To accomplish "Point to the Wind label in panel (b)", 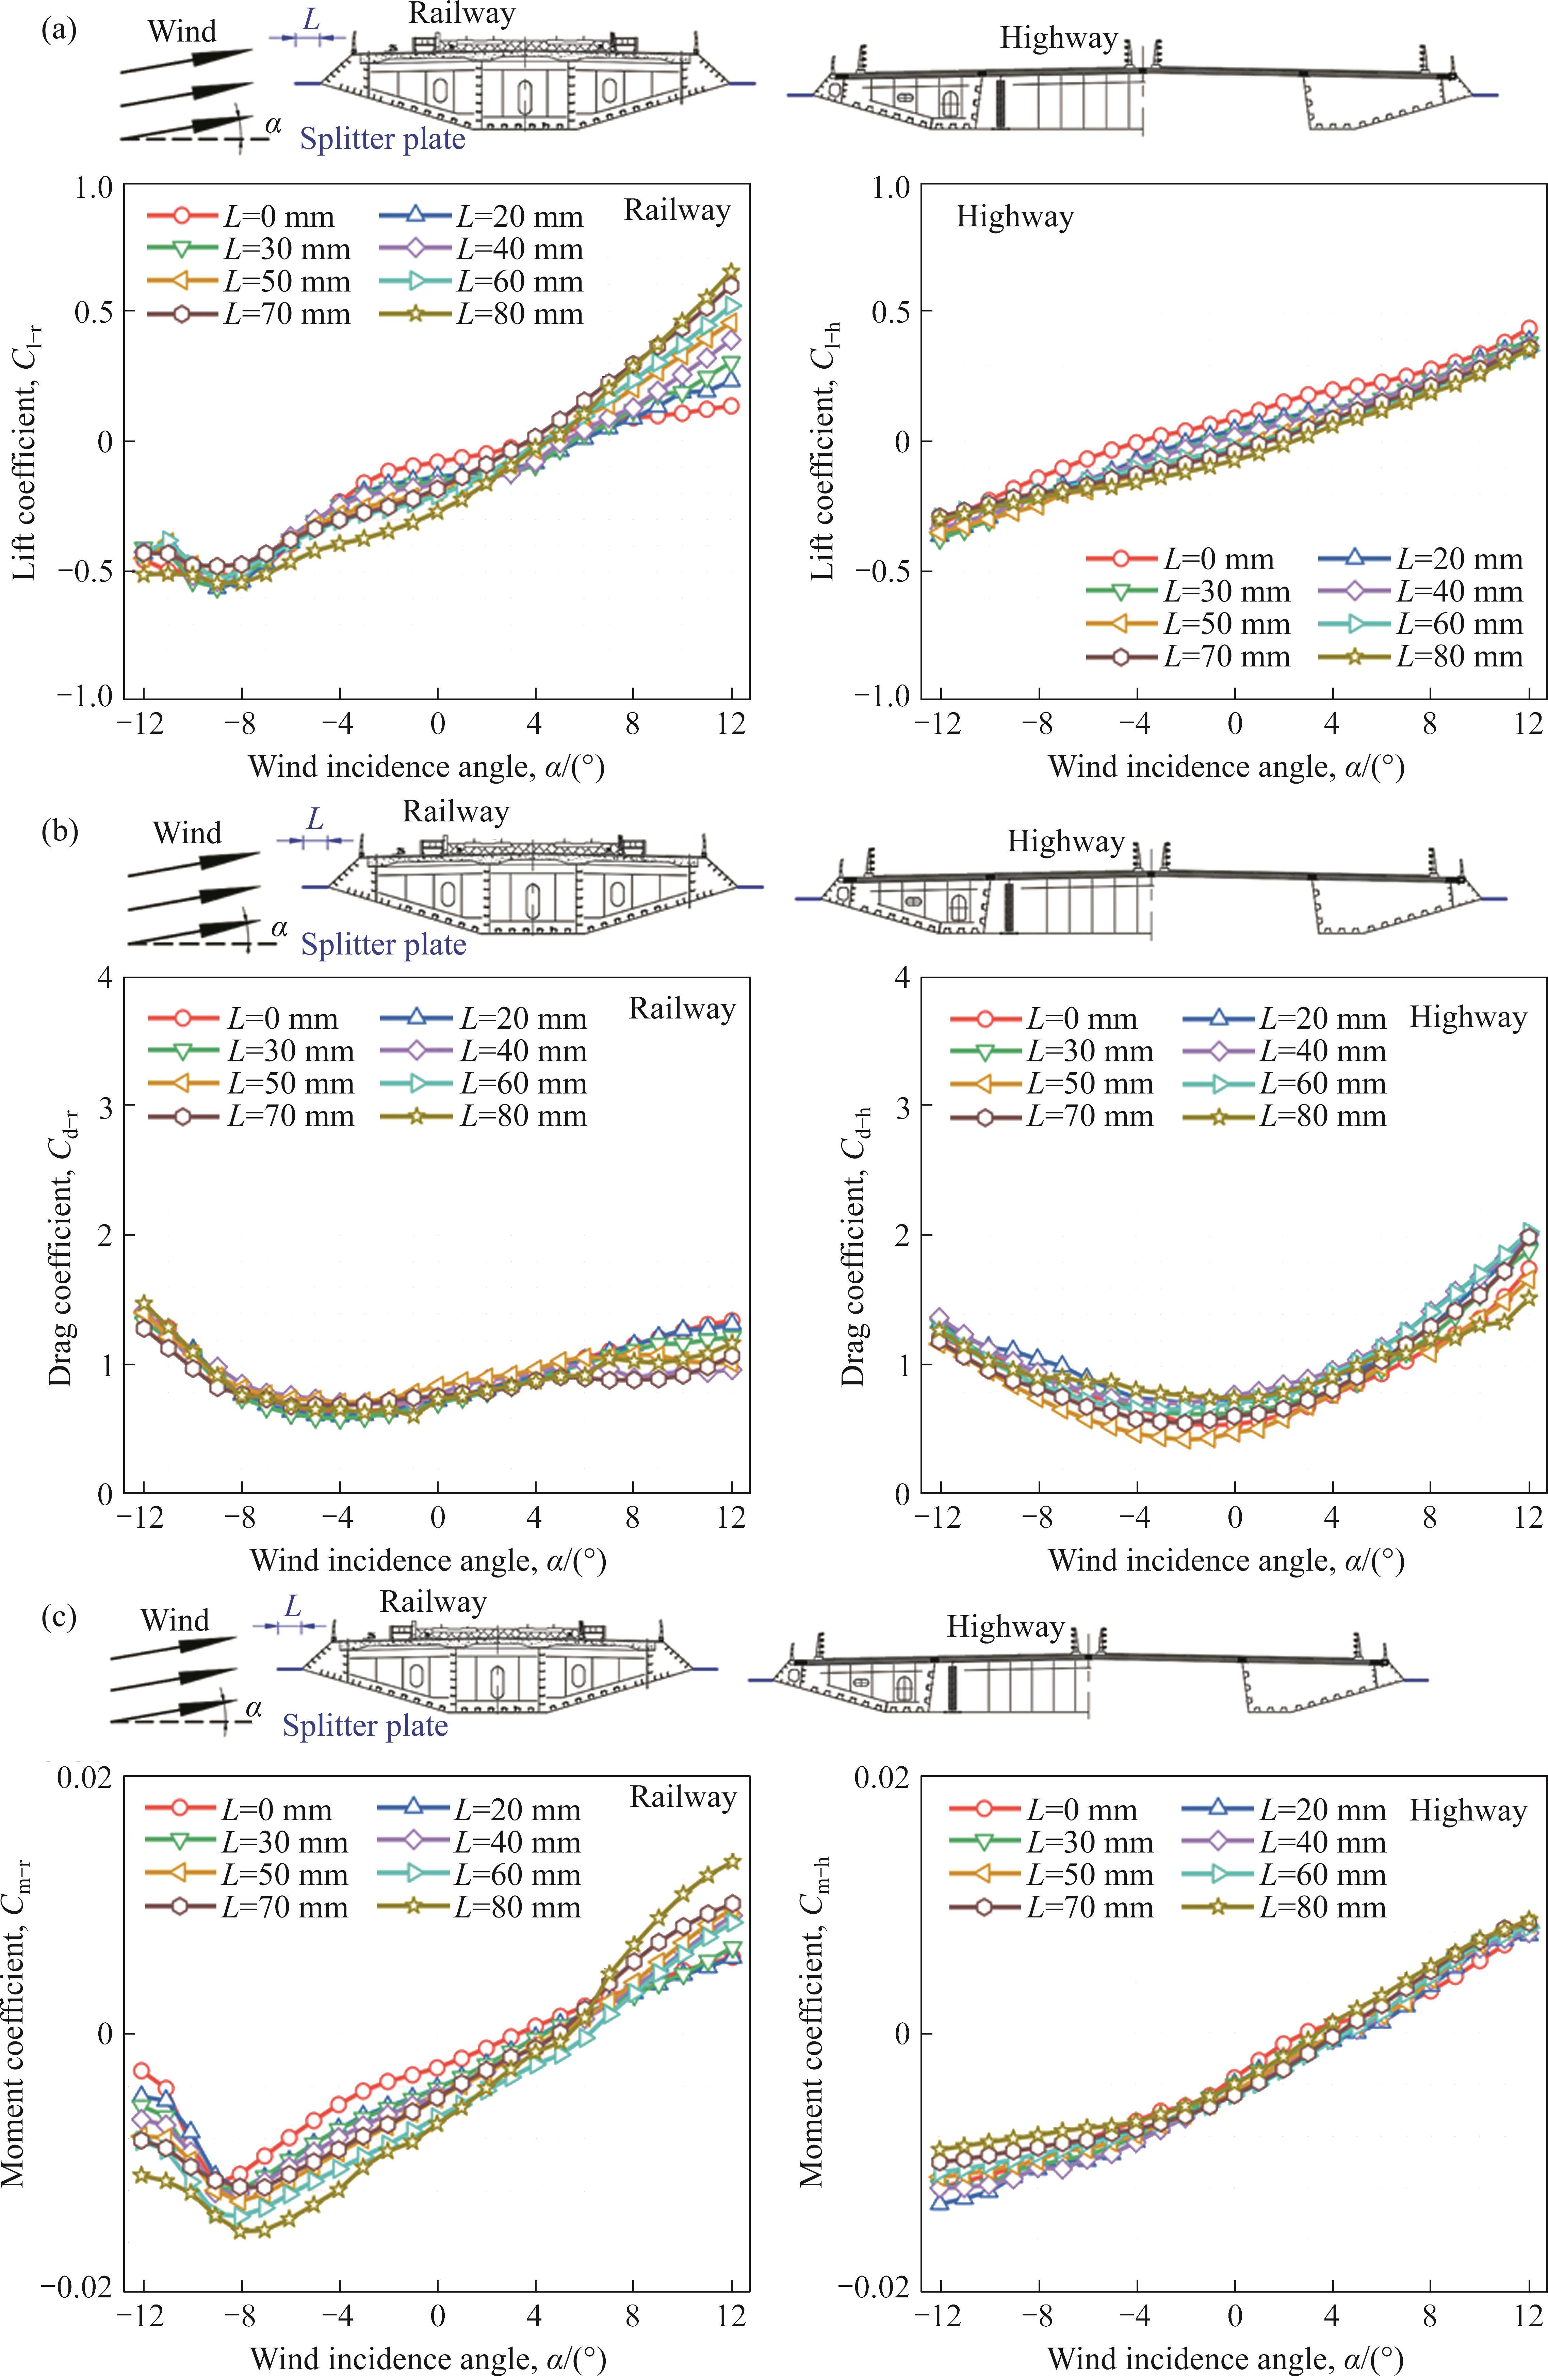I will click(188, 833).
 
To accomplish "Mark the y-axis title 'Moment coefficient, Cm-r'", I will click(18, 2033).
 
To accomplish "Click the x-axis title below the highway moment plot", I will click(1226, 2359).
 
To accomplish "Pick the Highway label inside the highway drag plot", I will click(1467, 1018).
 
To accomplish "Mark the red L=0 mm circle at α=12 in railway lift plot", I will click(733, 405).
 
